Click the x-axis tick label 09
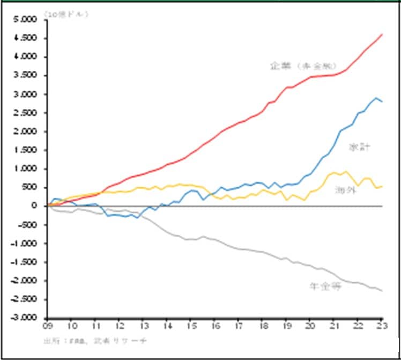coord(47,325)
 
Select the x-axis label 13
coord(143,325)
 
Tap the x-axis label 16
coord(214,325)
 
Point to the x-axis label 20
coord(310,325)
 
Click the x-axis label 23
coord(381,325)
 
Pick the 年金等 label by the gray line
coord(325,286)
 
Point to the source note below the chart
coord(94,341)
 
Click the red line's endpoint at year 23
coord(381,35)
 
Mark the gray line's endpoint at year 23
coord(381,291)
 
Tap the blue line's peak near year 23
coord(376,98)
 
